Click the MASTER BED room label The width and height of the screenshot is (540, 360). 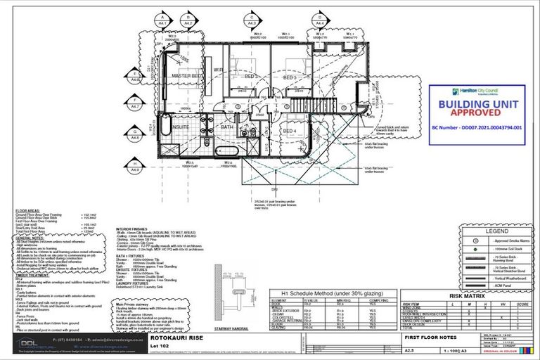pyautogui.click(x=187, y=75)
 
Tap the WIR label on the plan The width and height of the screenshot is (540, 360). pyautogui.click(x=218, y=70)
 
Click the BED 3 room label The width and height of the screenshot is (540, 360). pyautogui.click(x=298, y=77)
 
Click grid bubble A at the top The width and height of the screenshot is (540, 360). pyautogui.click(x=163, y=19)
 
